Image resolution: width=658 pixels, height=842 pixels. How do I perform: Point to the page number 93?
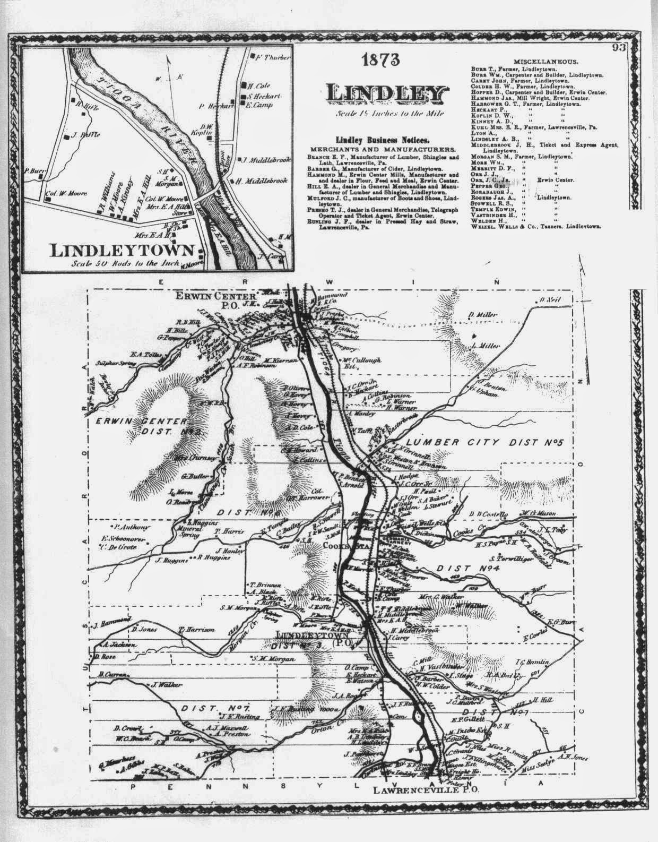click(617, 48)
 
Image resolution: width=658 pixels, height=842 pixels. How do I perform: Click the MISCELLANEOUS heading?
click(546, 62)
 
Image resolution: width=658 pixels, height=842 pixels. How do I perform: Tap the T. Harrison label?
click(196, 629)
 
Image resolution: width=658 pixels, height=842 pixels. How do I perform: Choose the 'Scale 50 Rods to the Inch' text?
click(125, 263)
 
